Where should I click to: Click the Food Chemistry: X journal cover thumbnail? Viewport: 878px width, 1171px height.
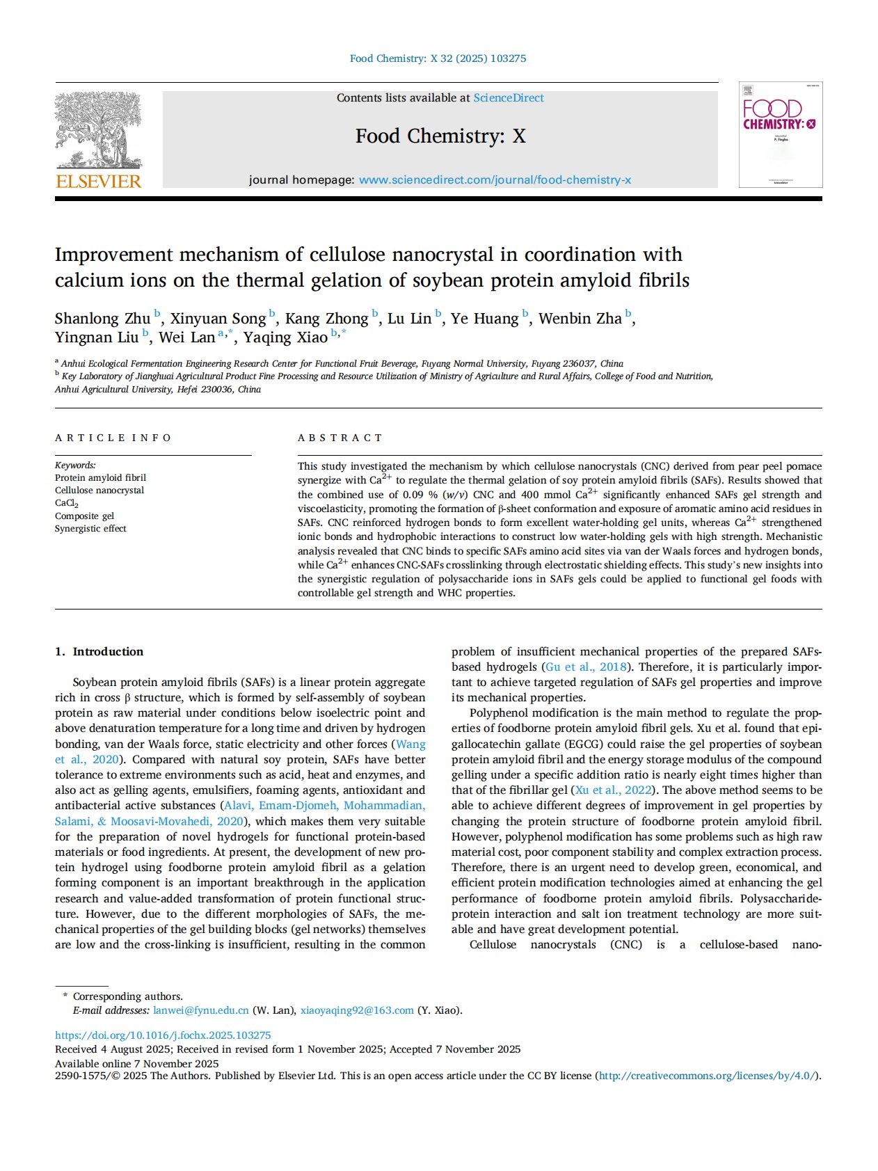point(780,134)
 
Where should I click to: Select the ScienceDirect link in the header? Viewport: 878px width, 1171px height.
point(509,98)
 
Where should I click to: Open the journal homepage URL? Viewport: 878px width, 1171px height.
point(495,180)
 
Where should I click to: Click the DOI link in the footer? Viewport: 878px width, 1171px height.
point(163,1035)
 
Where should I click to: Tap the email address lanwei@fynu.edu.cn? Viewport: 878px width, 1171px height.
point(201,1010)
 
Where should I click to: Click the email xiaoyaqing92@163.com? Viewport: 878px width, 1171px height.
point(357,1010)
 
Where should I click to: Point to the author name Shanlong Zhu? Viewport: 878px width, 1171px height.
point(102,319)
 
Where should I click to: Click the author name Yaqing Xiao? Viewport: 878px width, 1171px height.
point(285,337)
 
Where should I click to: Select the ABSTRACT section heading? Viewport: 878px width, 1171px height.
point(340,438)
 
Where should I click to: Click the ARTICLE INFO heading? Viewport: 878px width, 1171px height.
point(113,438)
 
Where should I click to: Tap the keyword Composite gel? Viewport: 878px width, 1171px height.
point(84,516)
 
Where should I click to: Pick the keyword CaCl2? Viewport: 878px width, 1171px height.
point(67,503)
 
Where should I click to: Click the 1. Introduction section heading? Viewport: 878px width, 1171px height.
point(99,651)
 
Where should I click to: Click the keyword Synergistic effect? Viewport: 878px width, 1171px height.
point(90,528)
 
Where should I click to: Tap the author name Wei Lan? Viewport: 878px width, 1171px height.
point(186,337)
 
